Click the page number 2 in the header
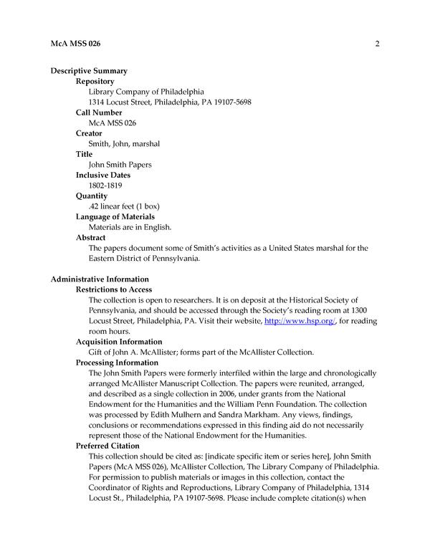click(x=376, y=44)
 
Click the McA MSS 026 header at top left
click(x=75, y=44)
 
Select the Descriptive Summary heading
click(x=89, y=71)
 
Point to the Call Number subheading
click(x=99, y=112)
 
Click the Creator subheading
click(x=89, y=133)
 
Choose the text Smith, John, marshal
click(x=124, y=144)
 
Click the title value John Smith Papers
click(x=120, y=165)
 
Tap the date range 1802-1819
click(x=106, y=186)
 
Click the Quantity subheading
click(x=92, y=196)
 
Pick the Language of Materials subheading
click(x=115, y=216)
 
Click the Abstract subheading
click(x=91, y=237)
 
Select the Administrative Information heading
click(x=100, y=279)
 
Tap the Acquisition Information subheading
click(x=119, y=342)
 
